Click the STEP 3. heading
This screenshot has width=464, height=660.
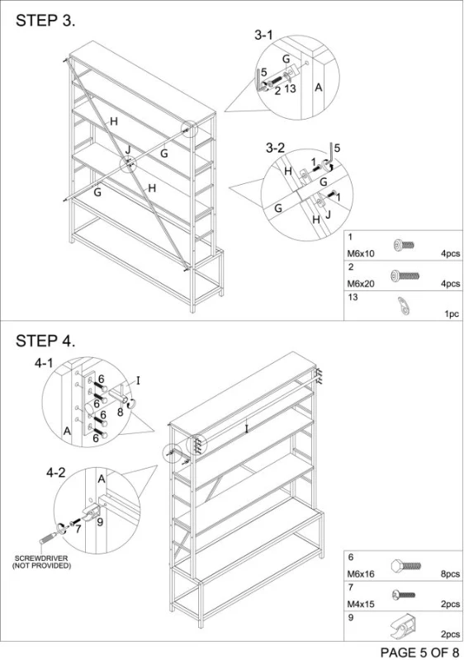(x=45, y=21)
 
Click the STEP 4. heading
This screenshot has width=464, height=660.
(x=45, y=341)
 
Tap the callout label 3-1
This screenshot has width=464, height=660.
(x=263, y=35)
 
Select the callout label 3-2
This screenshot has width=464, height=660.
(x=275, y=148)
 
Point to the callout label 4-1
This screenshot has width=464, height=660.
(x=44, y=363)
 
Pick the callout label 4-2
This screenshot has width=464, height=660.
(x=56, y=473)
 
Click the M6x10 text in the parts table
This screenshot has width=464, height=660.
(x=361, y=254)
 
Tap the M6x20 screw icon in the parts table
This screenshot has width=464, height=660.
(x=405, y=276)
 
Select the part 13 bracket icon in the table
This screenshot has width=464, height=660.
(x=405, y=305)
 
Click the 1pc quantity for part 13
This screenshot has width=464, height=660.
(x=452, y=314)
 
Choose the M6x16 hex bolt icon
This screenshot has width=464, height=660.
(x=405, y=565)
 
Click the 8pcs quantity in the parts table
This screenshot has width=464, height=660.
(x=450, y=574)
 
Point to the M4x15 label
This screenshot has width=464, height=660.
(x=361, y=605)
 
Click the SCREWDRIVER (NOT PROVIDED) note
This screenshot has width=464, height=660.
(x=41, y=562)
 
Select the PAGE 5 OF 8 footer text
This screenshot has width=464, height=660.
(x=419, y=652)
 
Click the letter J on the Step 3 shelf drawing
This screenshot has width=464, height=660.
(x=128, y=149)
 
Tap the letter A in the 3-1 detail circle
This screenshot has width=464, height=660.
(x=319, y=87)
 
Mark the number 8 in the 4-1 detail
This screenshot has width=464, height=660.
(x=120, y=412)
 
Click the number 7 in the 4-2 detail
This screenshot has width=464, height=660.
(x=78, y=529)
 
